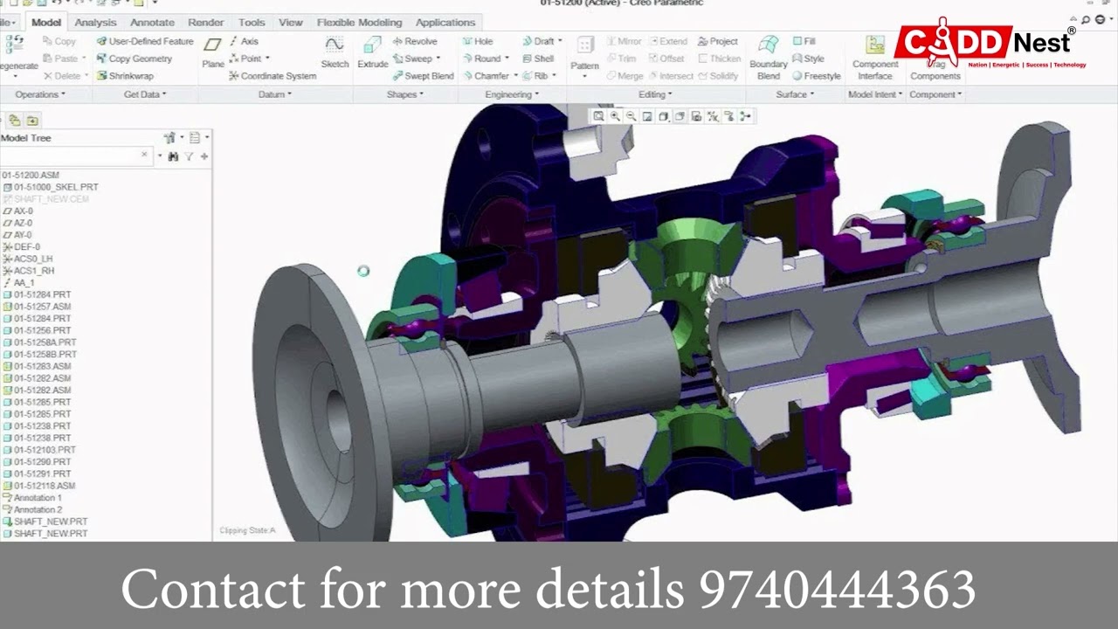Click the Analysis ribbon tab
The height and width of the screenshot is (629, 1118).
coord(95,23)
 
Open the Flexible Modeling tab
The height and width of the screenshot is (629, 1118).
coord(359,23)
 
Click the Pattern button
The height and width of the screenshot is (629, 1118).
coord(584,53)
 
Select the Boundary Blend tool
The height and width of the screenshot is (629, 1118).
coord(769,57)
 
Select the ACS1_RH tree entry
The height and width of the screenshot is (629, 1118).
coord(33,271)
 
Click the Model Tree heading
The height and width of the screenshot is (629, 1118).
coord(26,138)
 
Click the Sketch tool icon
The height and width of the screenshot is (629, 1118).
coord(335,52)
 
